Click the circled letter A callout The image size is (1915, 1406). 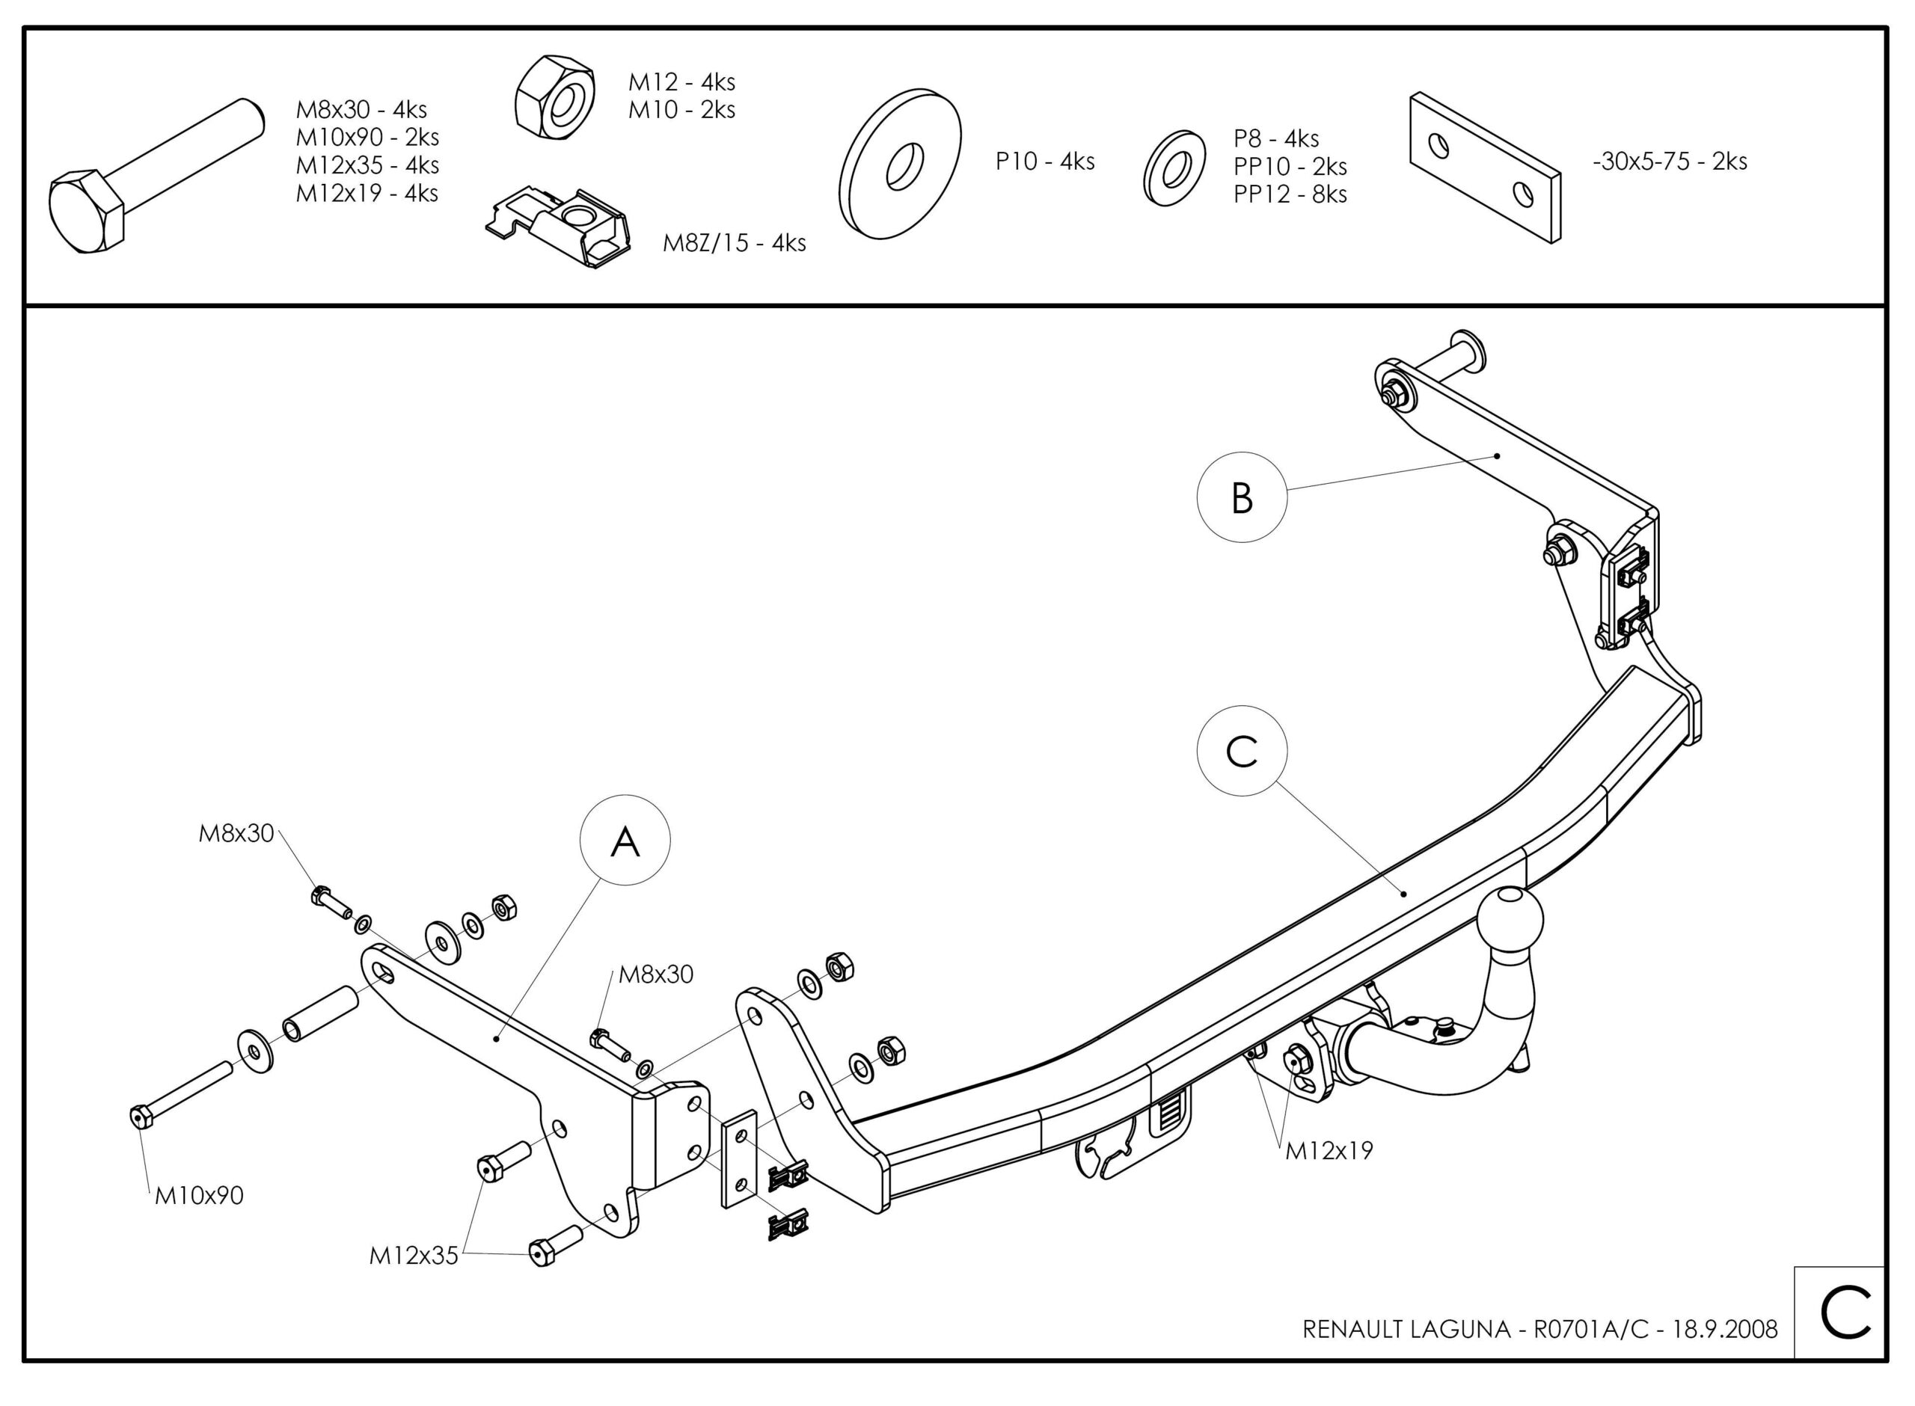625,841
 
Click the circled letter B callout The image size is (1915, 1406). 1242,497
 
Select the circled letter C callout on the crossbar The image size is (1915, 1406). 1242,751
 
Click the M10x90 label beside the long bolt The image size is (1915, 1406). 199,1196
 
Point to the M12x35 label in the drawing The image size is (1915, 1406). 414,1256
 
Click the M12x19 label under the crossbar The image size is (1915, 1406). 1329,1151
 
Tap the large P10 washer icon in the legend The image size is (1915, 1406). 900,163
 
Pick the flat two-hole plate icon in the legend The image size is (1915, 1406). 1485,168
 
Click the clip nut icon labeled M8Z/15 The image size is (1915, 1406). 560,228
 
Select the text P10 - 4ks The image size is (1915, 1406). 1044,161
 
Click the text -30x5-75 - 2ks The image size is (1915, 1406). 1670,161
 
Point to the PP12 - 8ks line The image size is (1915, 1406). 1290,194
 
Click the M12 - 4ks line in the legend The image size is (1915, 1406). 681,82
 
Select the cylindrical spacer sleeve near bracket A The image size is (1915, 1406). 320,1013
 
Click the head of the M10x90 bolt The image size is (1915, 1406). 140,1116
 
